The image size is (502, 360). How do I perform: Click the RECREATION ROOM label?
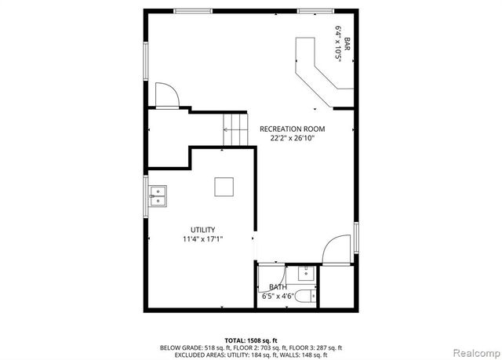(292, 129)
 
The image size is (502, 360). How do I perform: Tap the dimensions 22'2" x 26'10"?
(292, 139)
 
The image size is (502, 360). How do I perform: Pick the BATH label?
(278, 288)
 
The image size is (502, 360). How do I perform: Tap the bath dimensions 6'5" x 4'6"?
(278, 297)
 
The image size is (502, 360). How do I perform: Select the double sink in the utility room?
(158, 195)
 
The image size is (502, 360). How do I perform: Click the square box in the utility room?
(224, 187)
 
